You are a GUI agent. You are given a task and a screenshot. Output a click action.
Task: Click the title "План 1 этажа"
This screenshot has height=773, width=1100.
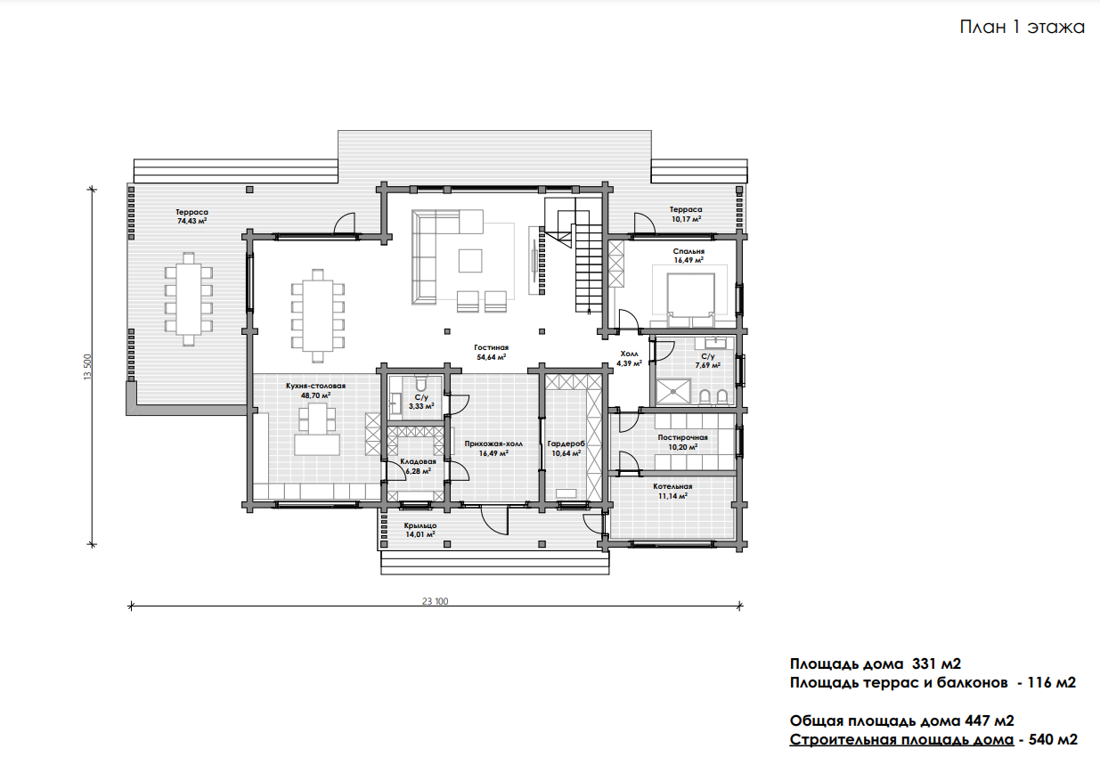click(x=1022, y=27)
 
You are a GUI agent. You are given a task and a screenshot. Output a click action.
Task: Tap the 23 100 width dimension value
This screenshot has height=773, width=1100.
click(x=435, y=601)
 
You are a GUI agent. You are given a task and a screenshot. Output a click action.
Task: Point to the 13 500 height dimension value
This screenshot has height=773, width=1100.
click(x=88, y=367)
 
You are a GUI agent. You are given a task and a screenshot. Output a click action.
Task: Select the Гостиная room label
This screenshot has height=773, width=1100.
click(x=491, y=347)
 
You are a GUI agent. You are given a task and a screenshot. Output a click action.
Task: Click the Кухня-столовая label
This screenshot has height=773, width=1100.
click(x=315, y=386)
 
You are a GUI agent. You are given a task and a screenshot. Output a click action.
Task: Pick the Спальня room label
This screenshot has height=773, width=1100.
click(x=689, y=251)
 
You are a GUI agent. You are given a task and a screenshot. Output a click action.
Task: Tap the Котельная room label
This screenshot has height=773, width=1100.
click(x=672, y=486)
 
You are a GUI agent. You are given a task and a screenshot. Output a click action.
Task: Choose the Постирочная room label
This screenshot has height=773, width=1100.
click(x=682, y=437)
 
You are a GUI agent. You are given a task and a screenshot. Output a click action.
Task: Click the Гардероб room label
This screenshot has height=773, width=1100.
click(x=566, y=444)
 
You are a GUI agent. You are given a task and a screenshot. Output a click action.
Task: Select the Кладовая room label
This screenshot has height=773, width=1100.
click(x=418, y=461)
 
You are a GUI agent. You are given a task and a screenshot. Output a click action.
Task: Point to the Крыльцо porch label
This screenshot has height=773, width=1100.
click(x=420, y=525)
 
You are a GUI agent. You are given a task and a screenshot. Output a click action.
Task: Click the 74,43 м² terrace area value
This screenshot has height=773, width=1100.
click(x=192, y=222)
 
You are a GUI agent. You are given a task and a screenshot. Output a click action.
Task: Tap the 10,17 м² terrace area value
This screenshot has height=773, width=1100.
click(x=686, y=219)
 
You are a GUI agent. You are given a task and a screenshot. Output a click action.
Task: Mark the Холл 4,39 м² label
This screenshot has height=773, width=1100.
click(x=629, y=359)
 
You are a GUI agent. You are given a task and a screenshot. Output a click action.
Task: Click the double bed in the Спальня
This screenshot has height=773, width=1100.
click(x=690, y=299)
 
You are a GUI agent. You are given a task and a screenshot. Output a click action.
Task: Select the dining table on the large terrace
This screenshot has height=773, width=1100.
click(x=188, y=299)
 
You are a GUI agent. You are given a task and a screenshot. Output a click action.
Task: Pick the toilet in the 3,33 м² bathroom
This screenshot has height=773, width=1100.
click(x=420, y=384)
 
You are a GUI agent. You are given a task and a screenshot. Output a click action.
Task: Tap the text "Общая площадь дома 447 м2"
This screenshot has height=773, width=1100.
click(x=901, y=721)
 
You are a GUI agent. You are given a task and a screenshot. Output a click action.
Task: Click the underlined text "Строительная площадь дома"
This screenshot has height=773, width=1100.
click(x=901, y=740)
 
